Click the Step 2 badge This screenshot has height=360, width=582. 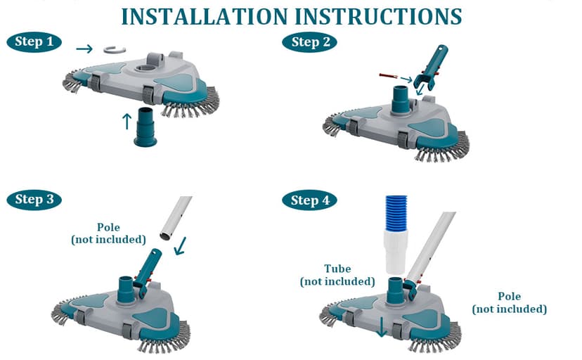tap(313, 42)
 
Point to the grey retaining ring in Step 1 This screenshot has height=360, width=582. tap(113, 49)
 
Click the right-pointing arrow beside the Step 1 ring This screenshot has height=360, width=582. tap(84, 49)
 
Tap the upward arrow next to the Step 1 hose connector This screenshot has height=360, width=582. tap(127, 121)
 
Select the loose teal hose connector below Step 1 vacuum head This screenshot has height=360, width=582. tap(145, 127)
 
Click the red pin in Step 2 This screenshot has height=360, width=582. tap(389, 74)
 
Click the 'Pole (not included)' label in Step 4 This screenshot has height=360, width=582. tap(508, 302)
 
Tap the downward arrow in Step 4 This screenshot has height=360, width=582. tap(381, 327)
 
